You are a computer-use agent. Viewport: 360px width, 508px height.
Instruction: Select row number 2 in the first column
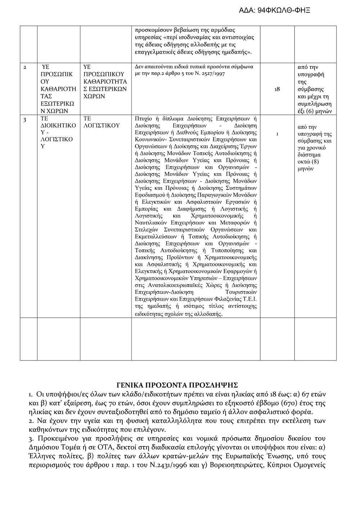pos(25,67)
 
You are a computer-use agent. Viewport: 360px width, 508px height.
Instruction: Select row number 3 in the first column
pos(25,119)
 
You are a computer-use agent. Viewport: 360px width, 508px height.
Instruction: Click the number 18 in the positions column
pos(277,89)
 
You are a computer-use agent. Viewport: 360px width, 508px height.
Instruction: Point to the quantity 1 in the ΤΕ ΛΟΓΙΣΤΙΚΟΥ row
pos(277,134)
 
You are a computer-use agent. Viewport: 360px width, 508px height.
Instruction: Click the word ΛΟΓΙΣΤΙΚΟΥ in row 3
pos(101,126)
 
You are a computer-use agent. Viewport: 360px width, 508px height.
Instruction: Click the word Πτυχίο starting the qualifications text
pos(143,119)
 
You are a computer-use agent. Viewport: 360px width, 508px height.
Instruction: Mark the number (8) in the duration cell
pos(315,161)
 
